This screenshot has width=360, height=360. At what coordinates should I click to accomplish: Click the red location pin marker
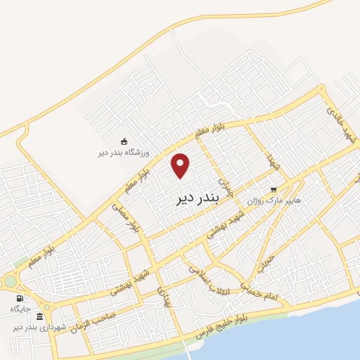click(181, 165)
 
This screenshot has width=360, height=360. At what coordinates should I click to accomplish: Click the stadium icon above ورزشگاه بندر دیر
click(124, 141)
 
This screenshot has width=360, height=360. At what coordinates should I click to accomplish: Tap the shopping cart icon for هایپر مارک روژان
click(274, 189)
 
